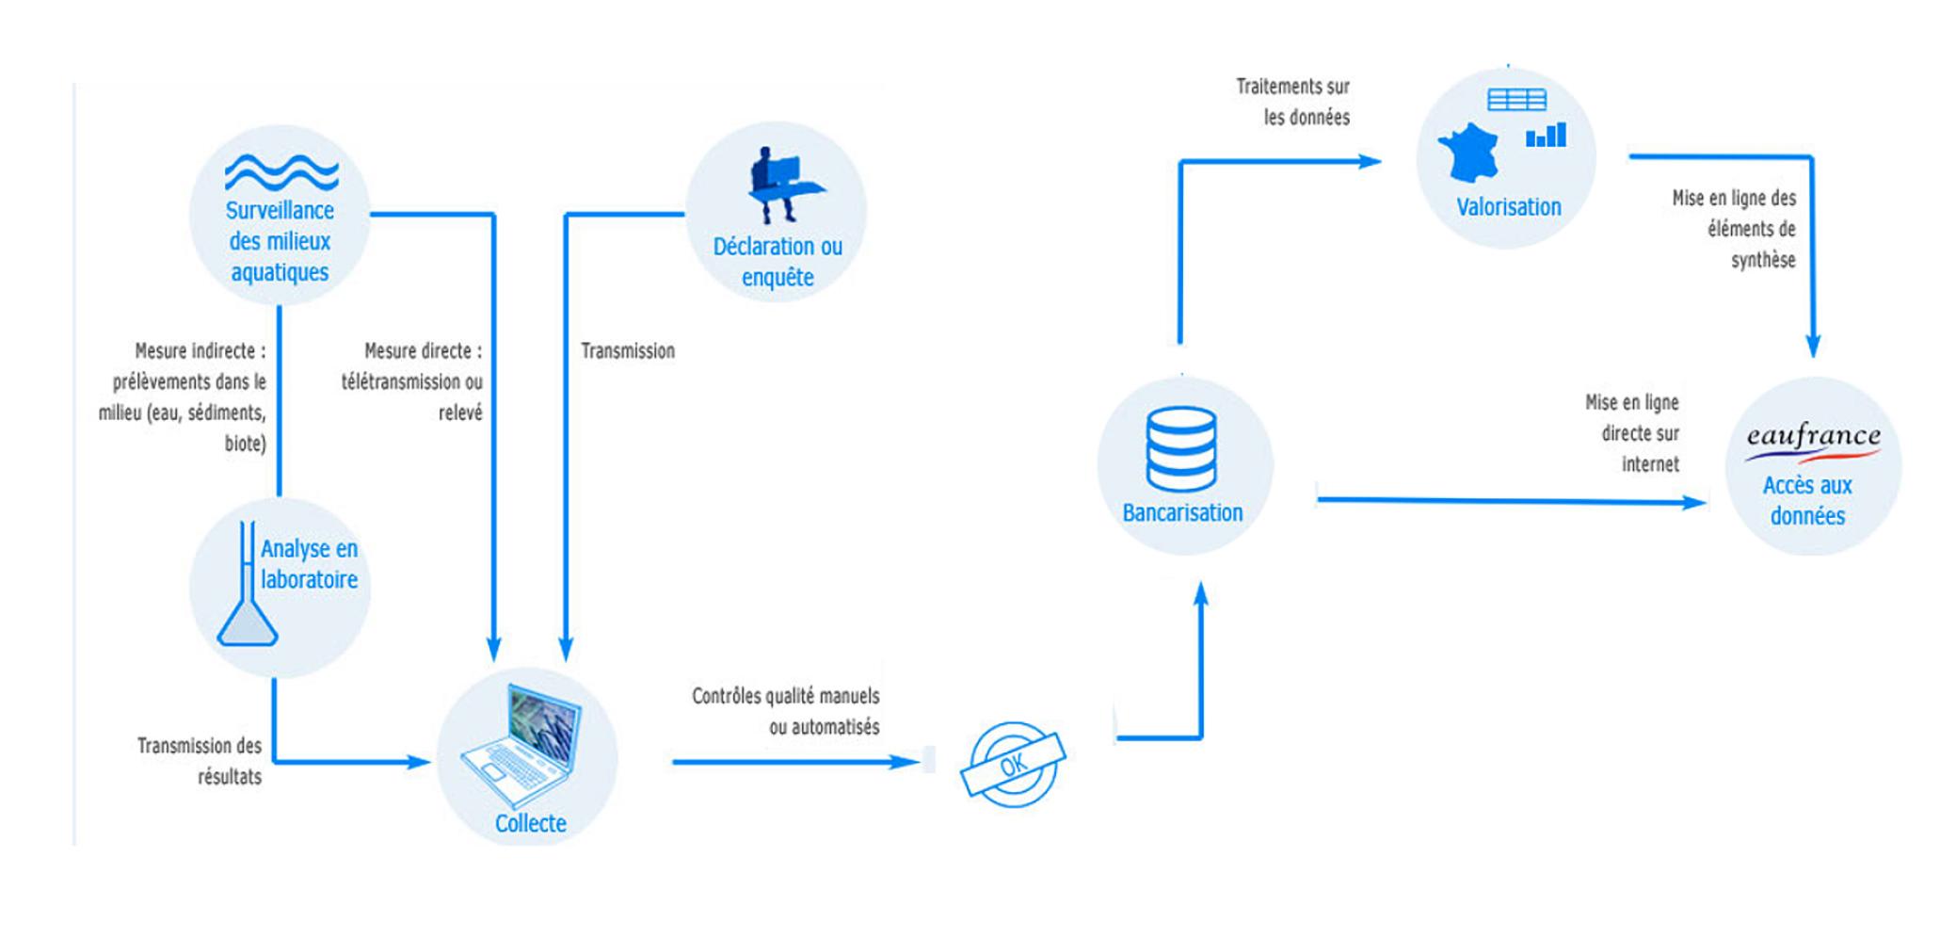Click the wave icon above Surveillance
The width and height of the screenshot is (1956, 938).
tap(281, 172)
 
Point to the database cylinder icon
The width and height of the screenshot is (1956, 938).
tap(1181, 449)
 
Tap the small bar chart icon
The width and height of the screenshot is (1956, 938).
tap(1546, 136)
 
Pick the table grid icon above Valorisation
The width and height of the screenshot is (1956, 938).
tap(1516, 100)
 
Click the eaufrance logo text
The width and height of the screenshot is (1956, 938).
tap(1813, 437)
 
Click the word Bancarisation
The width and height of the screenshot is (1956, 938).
tap(1182, 513)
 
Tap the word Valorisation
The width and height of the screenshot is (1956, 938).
tap(1508, 207)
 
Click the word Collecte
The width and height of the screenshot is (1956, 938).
tap(531, 823)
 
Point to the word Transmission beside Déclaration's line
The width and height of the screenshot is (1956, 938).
tap(628, 351)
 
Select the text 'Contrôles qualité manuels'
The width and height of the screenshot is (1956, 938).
tap(785, 697)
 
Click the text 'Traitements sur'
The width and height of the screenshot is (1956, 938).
tap(1292, 87)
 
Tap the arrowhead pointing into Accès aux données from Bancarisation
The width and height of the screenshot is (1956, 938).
tap(1694, 503)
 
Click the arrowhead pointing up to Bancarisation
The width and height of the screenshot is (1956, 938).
tap(1201, 595)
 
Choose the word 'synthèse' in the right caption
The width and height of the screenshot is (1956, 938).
tap(1763, 260)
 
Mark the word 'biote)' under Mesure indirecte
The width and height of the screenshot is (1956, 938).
tap(245, 444)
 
